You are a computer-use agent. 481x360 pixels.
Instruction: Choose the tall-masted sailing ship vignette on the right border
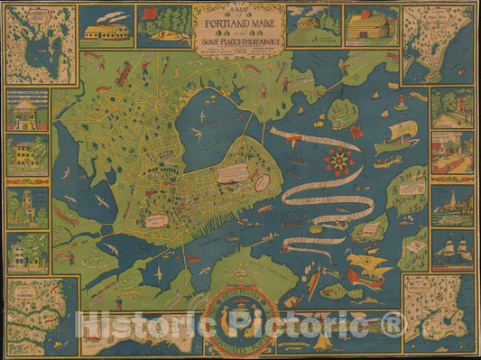point(452,247)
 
